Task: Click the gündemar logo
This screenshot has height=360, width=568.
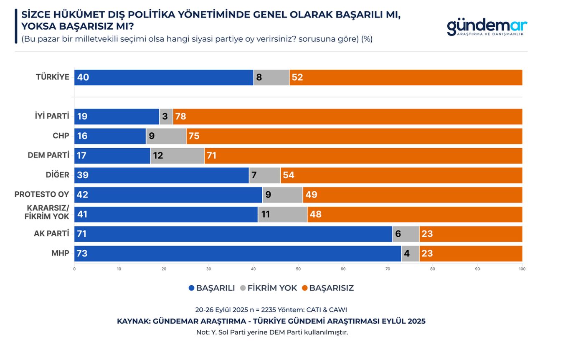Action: [x=487, y=27]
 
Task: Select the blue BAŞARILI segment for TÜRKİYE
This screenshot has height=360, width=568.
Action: [x=164, y=78]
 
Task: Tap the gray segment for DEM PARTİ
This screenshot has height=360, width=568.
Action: [x=177, y=156]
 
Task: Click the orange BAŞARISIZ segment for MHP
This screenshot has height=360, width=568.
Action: [x=471, y=254]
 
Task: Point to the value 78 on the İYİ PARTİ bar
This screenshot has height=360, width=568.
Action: [x=180, y=117]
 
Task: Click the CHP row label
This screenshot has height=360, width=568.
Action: [x=61, y=136]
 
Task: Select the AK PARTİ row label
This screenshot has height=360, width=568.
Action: [x=51, y=234]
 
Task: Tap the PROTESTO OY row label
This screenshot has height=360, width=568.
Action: [x=42, y=195]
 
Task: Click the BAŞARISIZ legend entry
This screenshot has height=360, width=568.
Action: [x=328, y=288]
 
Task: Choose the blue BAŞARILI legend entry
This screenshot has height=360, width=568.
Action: [x=212, y=288]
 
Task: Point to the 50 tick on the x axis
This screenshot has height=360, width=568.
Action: [x=298, y=269]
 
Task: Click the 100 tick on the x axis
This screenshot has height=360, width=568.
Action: [x=522, y=269]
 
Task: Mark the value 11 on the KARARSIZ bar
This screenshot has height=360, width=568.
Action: [x=266, y=214]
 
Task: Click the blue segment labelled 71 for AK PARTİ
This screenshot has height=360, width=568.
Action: [x=233, y=234]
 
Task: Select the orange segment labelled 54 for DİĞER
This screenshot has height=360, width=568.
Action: [x=401, y=175]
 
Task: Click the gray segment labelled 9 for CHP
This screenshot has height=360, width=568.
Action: [x=166, y=136]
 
